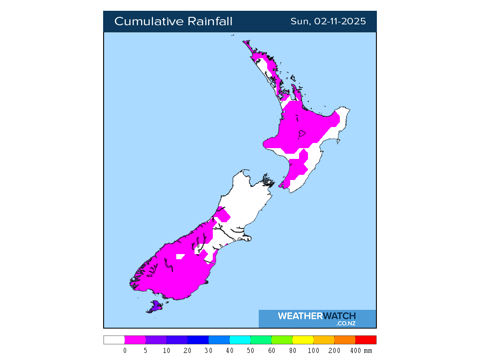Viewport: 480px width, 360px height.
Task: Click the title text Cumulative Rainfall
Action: (173, 22)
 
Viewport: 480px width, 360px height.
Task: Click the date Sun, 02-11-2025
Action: (328, 22)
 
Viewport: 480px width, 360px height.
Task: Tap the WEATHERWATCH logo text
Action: (316, 316)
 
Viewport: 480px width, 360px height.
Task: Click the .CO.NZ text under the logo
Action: (345, 323)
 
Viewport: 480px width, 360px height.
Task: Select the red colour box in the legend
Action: (366, 340)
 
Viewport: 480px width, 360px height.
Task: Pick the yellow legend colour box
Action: (303, 340)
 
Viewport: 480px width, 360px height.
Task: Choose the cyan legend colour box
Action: (240, 340)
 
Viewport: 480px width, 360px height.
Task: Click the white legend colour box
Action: (114, 340)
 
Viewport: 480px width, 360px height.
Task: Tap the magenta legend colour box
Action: (135, 340)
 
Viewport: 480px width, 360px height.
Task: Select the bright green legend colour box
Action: (282, 340)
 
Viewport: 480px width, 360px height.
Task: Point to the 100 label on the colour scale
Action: (314, 351)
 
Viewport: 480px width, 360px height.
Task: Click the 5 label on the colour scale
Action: (146, 351)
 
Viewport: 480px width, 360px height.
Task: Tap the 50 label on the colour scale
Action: (251, 351)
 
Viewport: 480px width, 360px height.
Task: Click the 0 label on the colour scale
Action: (125, 351)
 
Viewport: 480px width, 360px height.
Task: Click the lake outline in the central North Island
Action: (302, 134)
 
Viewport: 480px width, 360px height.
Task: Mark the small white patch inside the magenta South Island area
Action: (180, 256)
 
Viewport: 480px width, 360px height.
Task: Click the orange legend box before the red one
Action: (345, 340)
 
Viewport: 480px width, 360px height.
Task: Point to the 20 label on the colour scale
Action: (188, 351)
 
